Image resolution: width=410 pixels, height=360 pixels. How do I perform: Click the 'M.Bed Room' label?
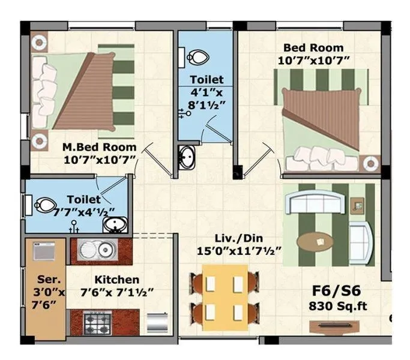point(100,147)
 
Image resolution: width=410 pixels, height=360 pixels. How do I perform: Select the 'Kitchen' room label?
point(116,280)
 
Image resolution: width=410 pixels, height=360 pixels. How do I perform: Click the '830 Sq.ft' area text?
point(337,307)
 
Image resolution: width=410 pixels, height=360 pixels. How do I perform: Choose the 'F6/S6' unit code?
point(337,293)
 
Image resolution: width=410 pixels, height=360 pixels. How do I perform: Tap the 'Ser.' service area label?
point(46,280)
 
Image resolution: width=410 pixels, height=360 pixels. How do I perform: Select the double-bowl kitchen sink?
point(98,247)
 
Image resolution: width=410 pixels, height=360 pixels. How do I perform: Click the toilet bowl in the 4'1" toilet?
point(198,58)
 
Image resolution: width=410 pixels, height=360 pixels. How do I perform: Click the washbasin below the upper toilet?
point(187,158)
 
